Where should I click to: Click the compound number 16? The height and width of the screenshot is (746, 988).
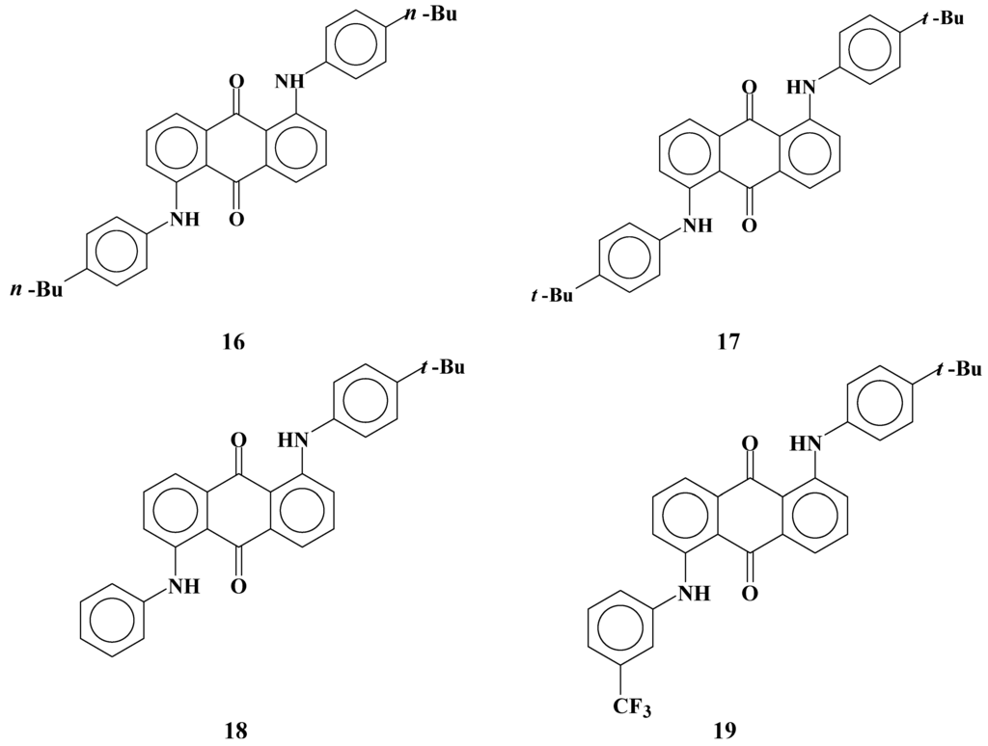point(233,342)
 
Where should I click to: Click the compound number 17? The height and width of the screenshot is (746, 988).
point(727,342)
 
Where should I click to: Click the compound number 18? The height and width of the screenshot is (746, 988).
point(234,730)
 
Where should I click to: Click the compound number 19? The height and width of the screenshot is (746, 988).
point(725,730)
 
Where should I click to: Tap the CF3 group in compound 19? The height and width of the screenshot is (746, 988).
point(631,708)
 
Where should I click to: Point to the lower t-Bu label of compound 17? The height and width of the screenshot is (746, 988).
point(552,295)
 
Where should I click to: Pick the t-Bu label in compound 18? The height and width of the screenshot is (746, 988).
point(443,367)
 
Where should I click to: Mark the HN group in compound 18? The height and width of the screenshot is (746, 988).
point(293,440)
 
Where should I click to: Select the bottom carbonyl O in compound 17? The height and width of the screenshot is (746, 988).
point(749,226)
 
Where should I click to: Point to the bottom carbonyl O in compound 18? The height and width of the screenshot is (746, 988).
point(238,584)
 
